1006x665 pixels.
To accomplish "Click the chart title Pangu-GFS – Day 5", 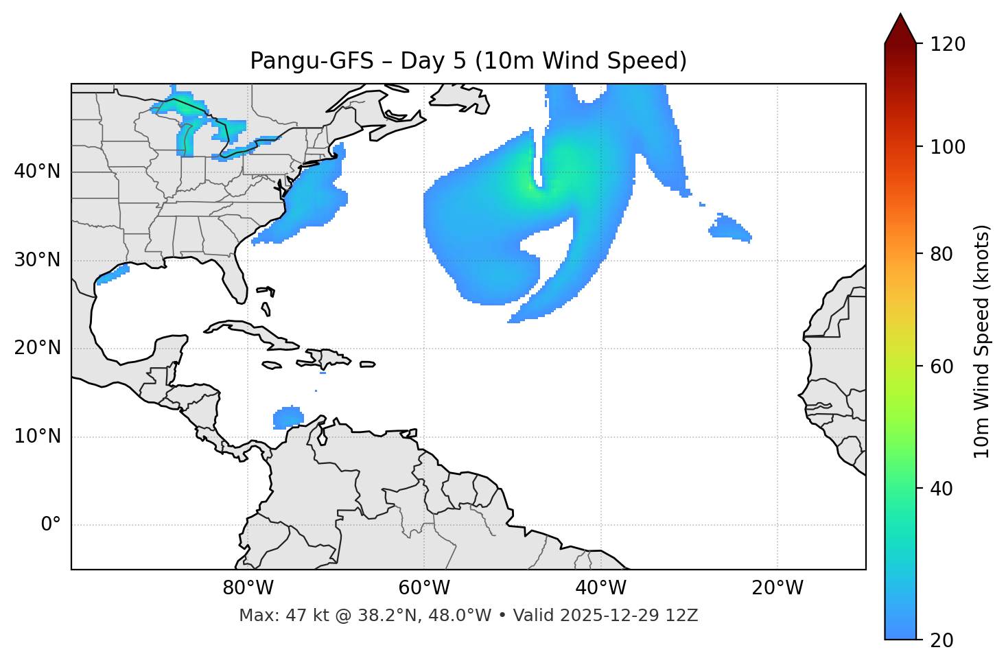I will click(x=468, y=61).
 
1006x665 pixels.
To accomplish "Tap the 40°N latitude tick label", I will click(x=37, y=172).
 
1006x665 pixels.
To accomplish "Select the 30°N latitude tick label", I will click(x=37, y=260).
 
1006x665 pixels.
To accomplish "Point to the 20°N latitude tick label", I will click(x=37, y=348).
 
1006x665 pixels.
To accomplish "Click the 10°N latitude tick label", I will click(x=37, y=436).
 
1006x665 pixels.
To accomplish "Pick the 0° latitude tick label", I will click(x=51, y=525).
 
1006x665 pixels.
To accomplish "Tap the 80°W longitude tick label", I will click(x=248, y=588).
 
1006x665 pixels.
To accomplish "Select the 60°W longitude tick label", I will click(x=424, y=588).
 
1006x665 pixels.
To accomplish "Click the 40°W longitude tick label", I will click(x=601, y=588).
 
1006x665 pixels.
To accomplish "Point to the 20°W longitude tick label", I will click(x=777, y=588).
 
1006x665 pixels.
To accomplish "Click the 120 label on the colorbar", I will click(x=947, y=45).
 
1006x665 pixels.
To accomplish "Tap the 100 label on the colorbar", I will click(x=947, y=147).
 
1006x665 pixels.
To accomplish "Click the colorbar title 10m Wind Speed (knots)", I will click(x=982, y=342).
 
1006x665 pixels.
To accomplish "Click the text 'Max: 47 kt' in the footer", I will click(x=272, y=616).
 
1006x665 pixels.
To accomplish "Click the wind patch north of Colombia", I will click(x=288, y=417).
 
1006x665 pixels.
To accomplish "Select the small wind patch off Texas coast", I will click(x=113, y=276).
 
